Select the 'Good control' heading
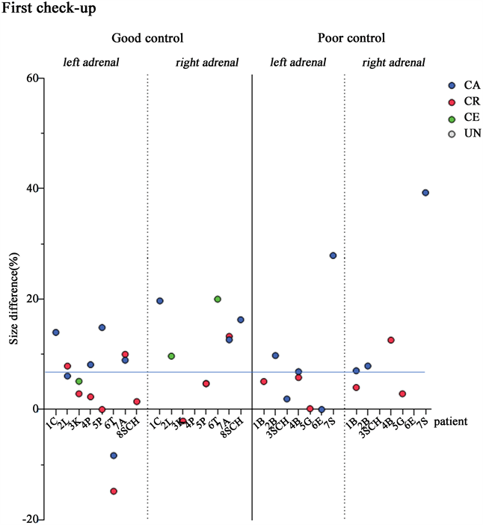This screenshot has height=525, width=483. (147, 37)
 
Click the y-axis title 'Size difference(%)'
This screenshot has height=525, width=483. (13, 299)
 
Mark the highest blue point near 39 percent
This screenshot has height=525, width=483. (425, 193)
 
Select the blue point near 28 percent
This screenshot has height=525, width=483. (333, 255)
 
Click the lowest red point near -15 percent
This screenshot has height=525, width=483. (114, 491)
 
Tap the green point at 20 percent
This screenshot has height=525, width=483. (218, 299)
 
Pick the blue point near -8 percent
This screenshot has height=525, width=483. (114, 456)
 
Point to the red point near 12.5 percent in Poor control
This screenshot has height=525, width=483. (390, 340)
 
